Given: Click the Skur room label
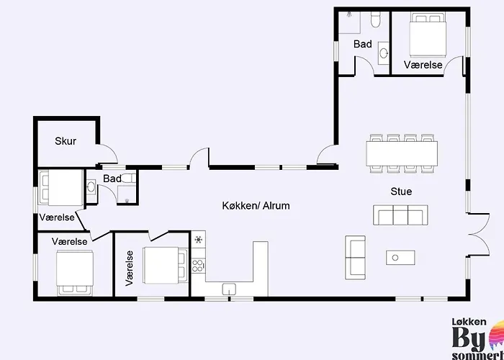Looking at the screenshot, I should pyautogui.click(x=66, y=141).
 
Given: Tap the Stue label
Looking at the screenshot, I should pyautogui.click(x=400, y=192).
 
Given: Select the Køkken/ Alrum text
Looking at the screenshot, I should pyautogui.click(x=256, y=206).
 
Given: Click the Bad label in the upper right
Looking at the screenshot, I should pyautogui.click(x=363, y=45).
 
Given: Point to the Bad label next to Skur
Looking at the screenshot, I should pyautogui.click(x=112, y=179).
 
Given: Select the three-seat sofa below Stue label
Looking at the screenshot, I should pyautogui.click(x=400, y=215).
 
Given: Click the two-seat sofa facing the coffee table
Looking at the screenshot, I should pyautogui.click(x=356, y=257).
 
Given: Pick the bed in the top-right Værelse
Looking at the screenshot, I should pyautogui.click(x=429, y=35).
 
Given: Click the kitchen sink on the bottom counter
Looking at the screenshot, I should pyautogui.click(x=229, y=289).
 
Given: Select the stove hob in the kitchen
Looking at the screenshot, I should pyautogui.click(x=197, y=264).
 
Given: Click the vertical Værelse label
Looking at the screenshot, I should pyautogui.click(x=130, y=269).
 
